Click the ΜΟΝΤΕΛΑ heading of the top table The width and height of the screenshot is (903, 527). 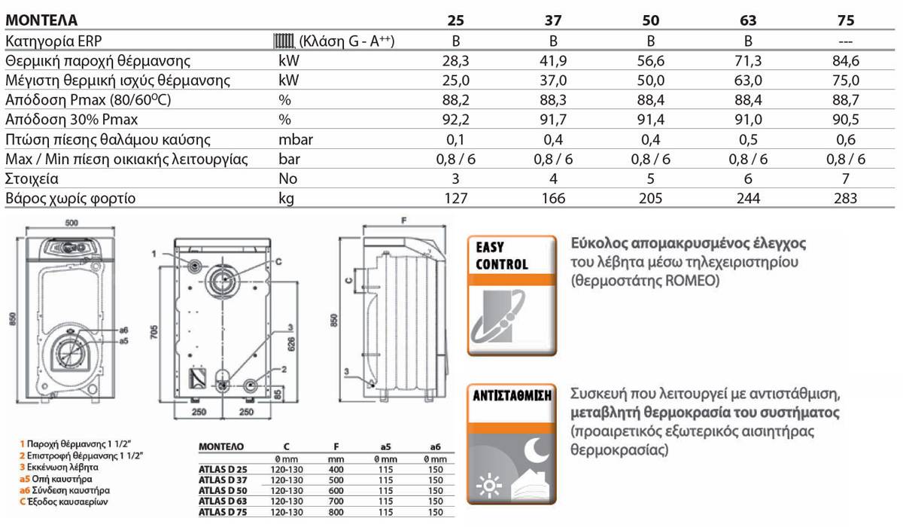click(x=41, y=20)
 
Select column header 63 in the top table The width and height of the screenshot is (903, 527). click(x=748, y=20)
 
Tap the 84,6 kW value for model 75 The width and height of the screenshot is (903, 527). click(x=846, y=61)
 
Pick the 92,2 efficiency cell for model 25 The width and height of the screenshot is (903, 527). click(x=455, y=120)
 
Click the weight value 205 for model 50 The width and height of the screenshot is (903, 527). click(x=651, y=199)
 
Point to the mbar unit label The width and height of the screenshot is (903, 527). click(x=296, y=139)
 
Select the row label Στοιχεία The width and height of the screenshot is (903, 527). click(x=32, y=178)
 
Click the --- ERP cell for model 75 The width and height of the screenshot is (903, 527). click(x=846, y=41)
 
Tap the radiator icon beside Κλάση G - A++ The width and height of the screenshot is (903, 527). click(x=284, y=41)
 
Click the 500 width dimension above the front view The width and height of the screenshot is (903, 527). click(x=71, y=223)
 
